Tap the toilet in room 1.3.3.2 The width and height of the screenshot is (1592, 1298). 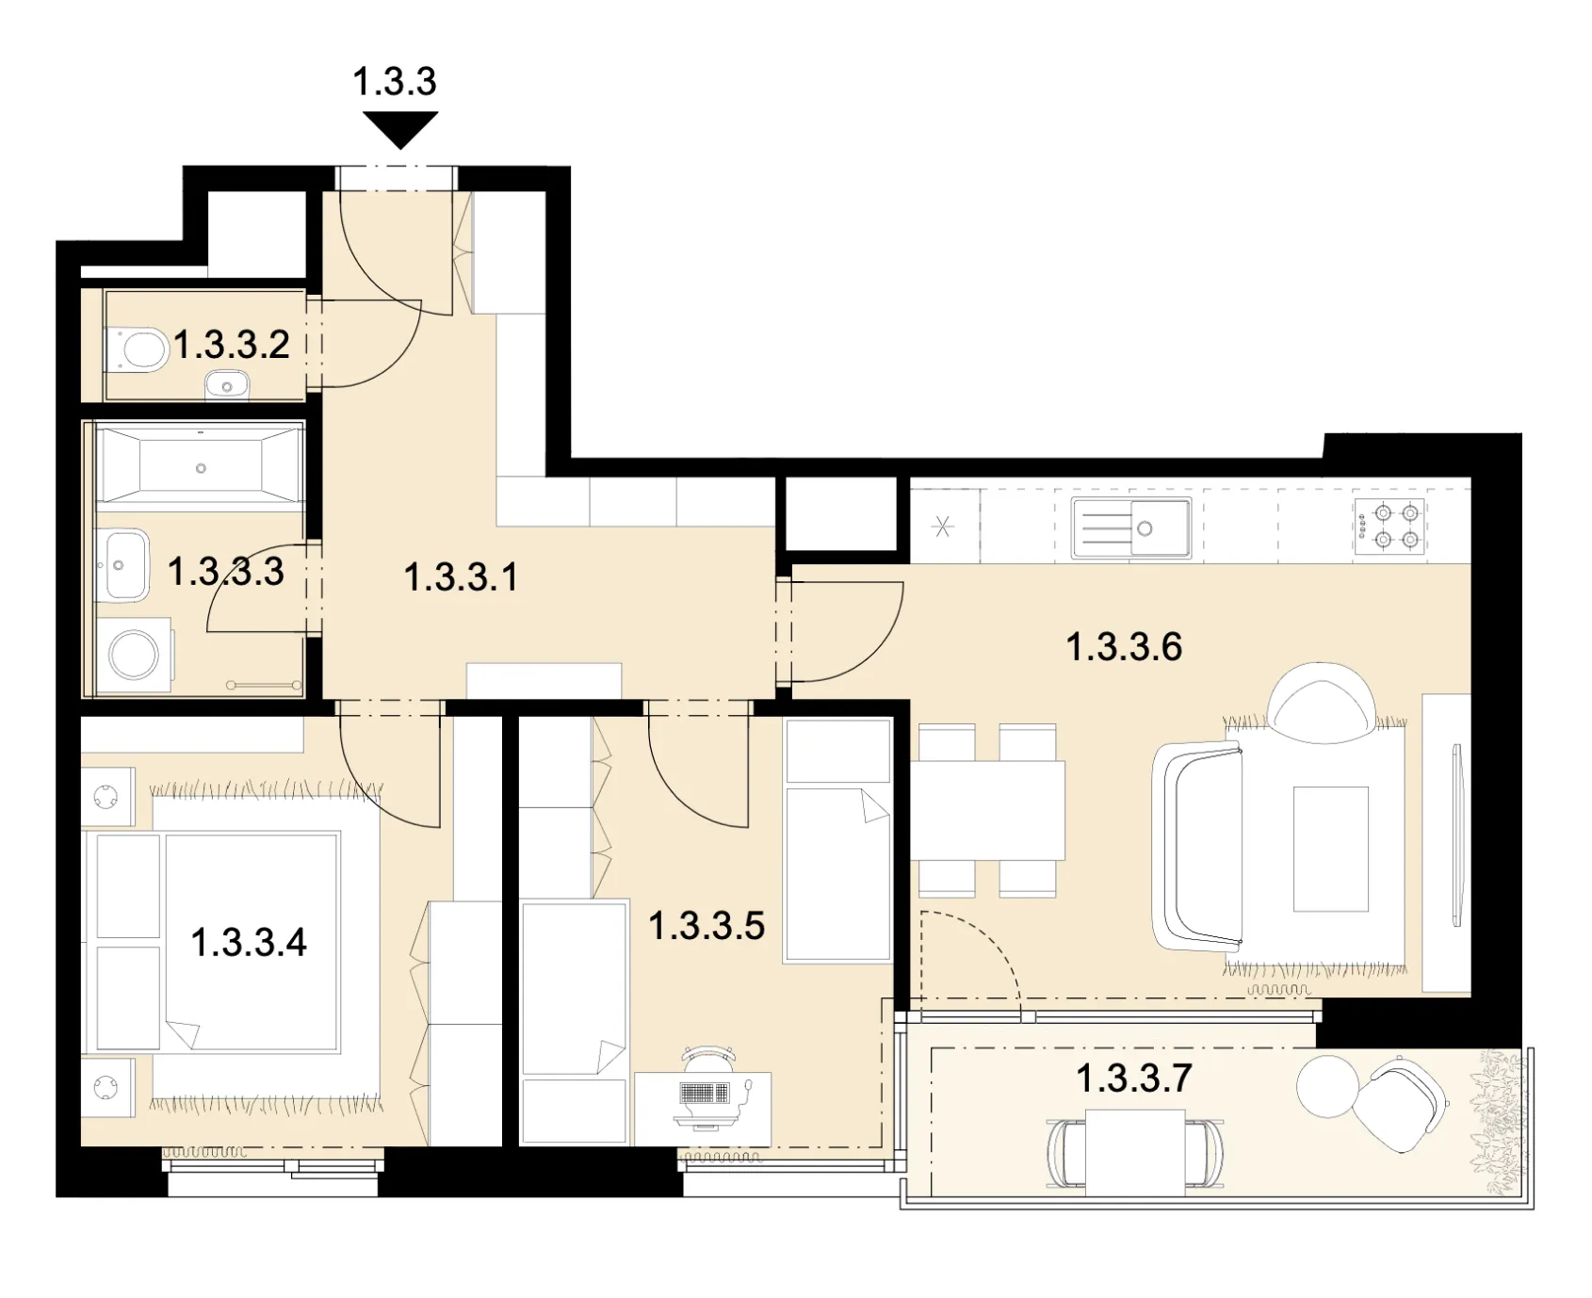tap(137, 349)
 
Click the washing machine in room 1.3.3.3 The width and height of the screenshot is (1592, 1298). tap(134, 653)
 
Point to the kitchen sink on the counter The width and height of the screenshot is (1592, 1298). tap(1130, 527)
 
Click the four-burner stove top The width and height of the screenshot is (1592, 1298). tap(1389, 526)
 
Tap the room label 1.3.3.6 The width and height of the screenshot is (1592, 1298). tap(1124, 647)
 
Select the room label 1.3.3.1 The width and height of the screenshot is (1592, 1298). tap(461, 576)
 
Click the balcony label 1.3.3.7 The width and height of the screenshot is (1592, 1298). tap(1134, 1078)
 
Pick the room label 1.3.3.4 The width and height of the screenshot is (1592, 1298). tap(249, 942)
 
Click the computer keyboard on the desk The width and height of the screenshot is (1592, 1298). tap(704, 1093)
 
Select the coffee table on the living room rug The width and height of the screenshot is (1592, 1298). tap(1330, 849)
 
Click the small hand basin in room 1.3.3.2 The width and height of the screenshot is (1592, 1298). tap(226, 385)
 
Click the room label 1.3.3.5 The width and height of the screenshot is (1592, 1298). tap(707, 925)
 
